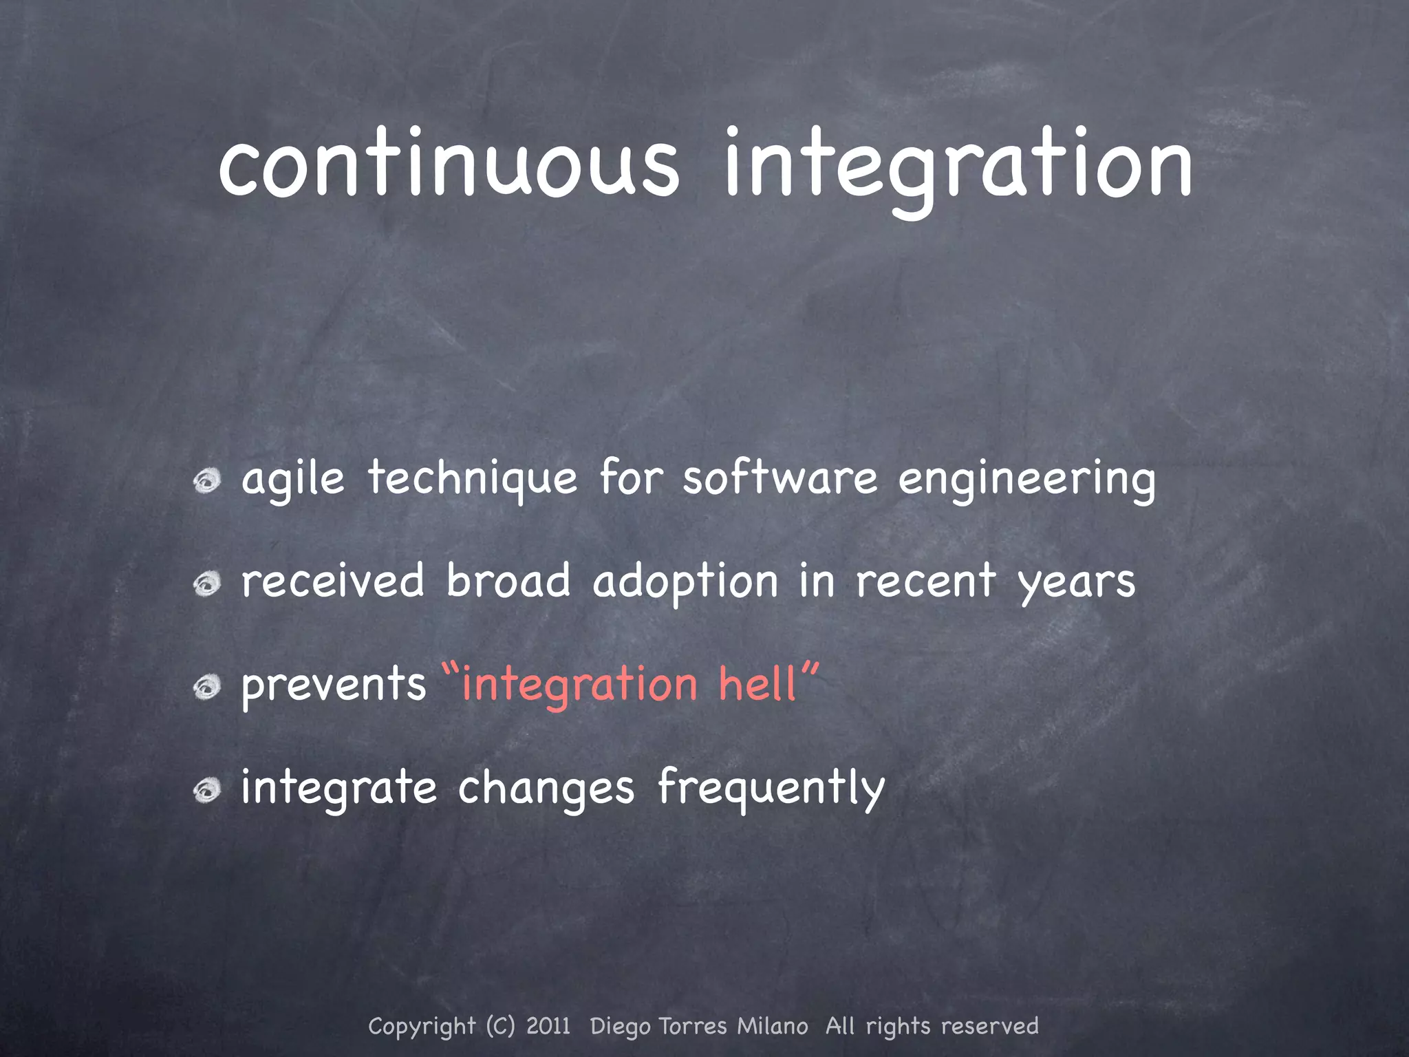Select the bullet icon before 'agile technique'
click(x=206, y=480)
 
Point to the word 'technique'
click(x=472, y=478)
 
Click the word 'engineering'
click(x=1026, y=480)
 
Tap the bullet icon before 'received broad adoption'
click(x=206, y=584)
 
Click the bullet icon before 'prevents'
click(x=206, y=687)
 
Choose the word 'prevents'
click(x=334, y=685)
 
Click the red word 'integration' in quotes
click(x=579, y=686)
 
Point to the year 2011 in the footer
click(x=548, y=1026)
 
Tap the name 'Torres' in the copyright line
click(x=693, y=1026)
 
